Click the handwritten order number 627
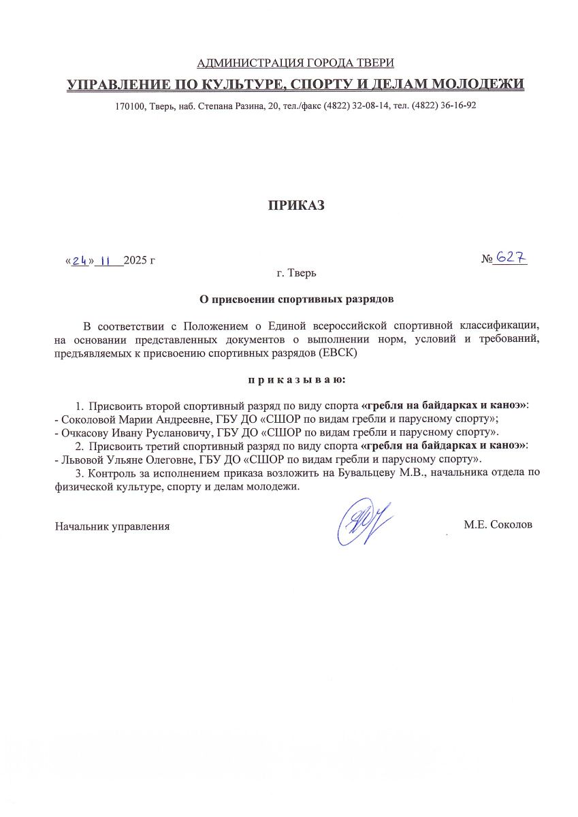pos(511,258)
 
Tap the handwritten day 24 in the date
pos(79,261)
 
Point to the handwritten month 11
pos(107,261)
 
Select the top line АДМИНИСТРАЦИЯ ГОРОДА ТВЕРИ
pos(295,63)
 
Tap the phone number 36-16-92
pos(458,106)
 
